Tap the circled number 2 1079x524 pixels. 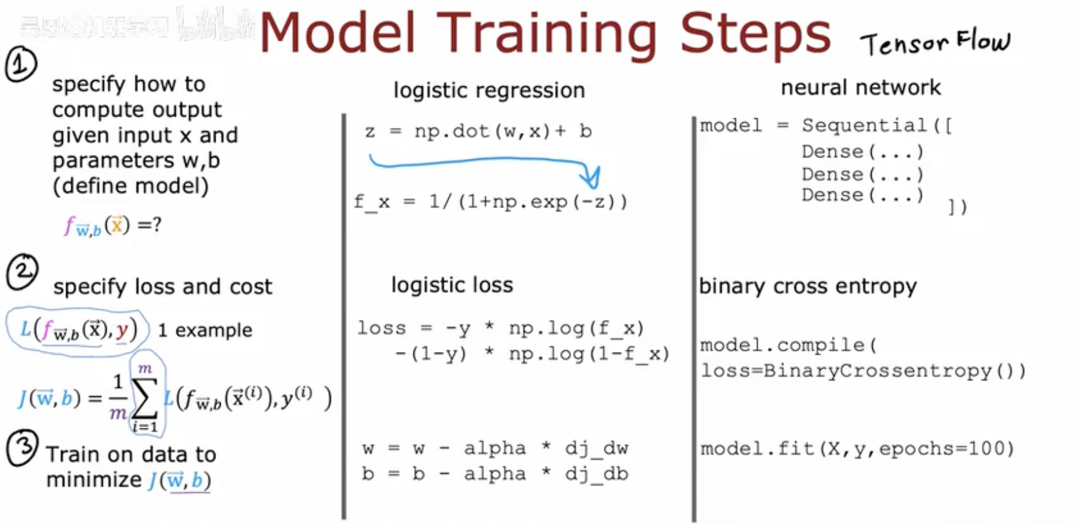22,272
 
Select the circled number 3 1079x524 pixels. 22,448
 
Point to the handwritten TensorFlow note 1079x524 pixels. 935,43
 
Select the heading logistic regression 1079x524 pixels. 489,90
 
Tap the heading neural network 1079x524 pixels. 860,87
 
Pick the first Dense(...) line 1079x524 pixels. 862,152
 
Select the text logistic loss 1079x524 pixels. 452,285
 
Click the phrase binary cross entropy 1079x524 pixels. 807,286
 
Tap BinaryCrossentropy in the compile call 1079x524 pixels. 877,370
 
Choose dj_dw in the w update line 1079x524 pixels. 596,448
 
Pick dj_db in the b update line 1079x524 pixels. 596,474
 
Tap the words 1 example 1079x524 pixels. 205,330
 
